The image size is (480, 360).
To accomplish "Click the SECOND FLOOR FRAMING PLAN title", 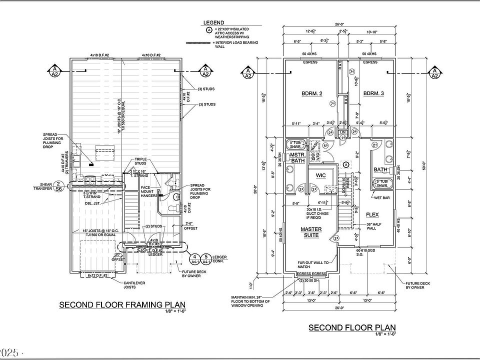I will (122, 304).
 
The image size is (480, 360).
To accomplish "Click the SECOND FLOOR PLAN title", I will (351, 327).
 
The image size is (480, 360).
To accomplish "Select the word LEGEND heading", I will (213, 23).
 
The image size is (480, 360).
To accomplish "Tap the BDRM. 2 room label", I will (311, 93).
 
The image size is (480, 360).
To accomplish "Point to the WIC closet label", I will (320, 176).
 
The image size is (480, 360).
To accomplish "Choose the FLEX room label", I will (372, 214).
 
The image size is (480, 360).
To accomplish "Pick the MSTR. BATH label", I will (298, 158).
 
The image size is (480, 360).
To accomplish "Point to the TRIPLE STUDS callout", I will (140, 161).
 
